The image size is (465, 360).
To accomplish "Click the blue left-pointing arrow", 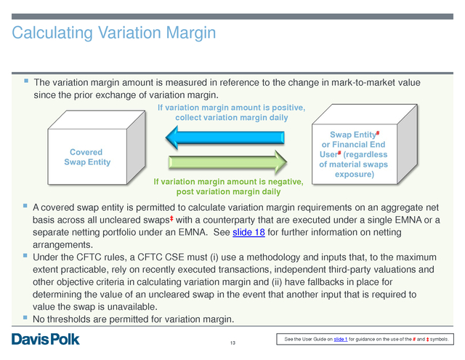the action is (x=225, y=137).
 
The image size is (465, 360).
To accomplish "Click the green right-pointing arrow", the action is (x=227, y=162).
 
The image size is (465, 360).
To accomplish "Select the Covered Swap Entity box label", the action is (x=87, y=157).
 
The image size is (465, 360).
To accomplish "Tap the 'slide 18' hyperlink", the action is (x=248, y=232).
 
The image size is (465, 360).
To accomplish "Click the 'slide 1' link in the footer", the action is (x=341, y=339).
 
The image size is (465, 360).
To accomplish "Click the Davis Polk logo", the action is (x=46, y=339).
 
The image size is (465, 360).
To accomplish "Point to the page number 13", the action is (x=232, y=343).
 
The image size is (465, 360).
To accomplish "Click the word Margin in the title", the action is (x=190, y=33).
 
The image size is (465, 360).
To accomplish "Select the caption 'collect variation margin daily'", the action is (x=232, y=118).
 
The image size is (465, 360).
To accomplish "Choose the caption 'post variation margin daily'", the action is (x=228, y=192).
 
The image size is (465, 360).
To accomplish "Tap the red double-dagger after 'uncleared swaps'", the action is (x=171, y=219).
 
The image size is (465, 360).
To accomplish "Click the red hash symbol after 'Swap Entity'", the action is (x=378, y=133).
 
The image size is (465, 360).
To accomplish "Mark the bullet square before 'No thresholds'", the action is (x=25, y=318).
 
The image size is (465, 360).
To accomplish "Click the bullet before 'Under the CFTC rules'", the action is (x=25, y=255).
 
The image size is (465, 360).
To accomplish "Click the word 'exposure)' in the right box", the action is (x=355, y=175).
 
